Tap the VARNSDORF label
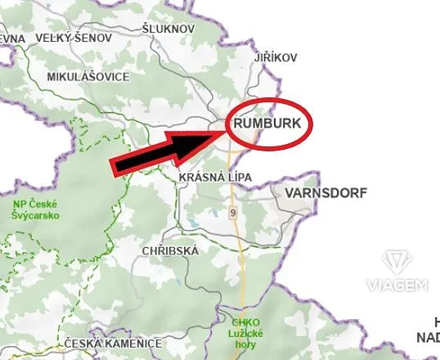pyautogui.click(x=326, y=193)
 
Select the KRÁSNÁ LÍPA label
pyautogui.click(x=215, y=177)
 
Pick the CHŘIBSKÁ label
pyautogui.click(x=169, y=250)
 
